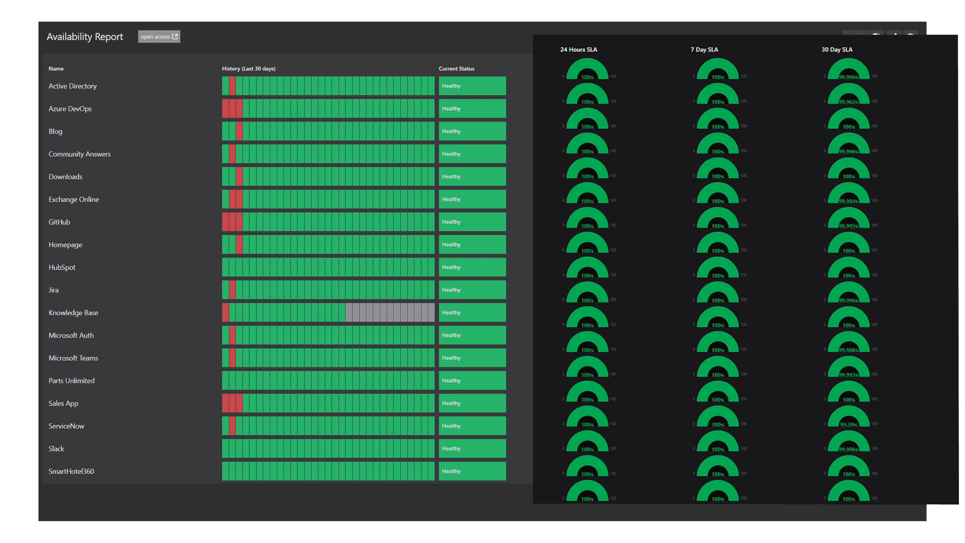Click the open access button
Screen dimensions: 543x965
click(159, 37)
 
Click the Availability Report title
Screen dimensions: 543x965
click(85, 37)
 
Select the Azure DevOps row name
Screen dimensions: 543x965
click(70, 109)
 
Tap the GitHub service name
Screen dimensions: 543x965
click(59, 222)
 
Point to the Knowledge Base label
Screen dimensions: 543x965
click(73, 313)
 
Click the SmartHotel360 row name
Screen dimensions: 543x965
click(71, 471)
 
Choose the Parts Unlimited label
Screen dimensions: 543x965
click(71, 381)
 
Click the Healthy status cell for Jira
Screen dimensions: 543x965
click(472, 290)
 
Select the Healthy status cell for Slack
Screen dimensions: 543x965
click(472, 449)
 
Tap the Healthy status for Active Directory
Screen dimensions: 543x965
click(472, 86)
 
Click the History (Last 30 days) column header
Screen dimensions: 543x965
click(249, 69)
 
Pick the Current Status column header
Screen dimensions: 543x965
click(456, 69)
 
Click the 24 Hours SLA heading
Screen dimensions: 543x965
click(578, 49)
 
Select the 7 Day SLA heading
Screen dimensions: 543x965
click(704, 49)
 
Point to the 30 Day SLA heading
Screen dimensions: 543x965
click(836, 49)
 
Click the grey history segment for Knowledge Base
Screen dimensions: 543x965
click(390, 313)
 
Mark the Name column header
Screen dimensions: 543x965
click(56, 69)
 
